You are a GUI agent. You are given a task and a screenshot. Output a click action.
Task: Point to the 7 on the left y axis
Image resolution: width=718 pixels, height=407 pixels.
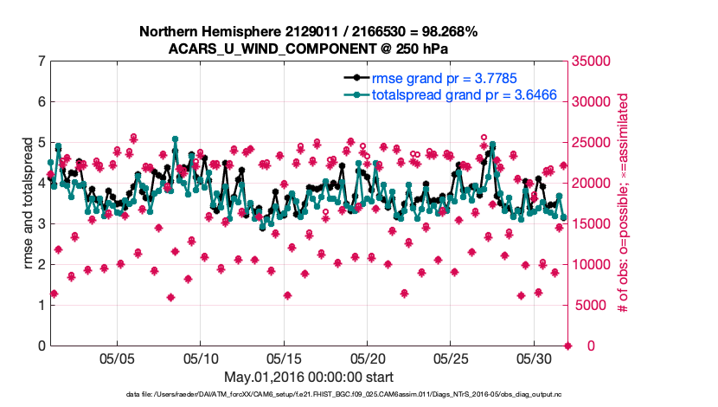click(x=42, y=61)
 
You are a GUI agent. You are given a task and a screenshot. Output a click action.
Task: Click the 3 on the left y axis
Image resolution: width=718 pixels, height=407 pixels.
click(x=42, y=224)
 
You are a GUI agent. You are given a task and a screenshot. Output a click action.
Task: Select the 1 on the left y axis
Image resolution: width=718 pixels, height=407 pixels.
click(x=42, y=306)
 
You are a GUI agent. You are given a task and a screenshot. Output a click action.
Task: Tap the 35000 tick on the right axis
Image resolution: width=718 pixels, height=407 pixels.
click(x=596, y=61)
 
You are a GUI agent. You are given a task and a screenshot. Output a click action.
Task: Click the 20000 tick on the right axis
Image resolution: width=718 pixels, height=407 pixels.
click(x=596, y=184)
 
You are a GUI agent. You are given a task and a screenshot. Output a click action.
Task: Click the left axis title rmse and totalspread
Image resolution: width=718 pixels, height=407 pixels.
click(x=29, y=203)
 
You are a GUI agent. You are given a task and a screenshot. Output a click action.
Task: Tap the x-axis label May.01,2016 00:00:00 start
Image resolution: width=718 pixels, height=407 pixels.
click(x=309, y=378)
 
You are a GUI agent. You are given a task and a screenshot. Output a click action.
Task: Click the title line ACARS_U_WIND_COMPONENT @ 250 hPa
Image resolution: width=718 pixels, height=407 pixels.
click(x=308, y=48)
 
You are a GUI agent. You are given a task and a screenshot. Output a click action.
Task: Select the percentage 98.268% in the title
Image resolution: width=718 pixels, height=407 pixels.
click(x=445, y=31)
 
